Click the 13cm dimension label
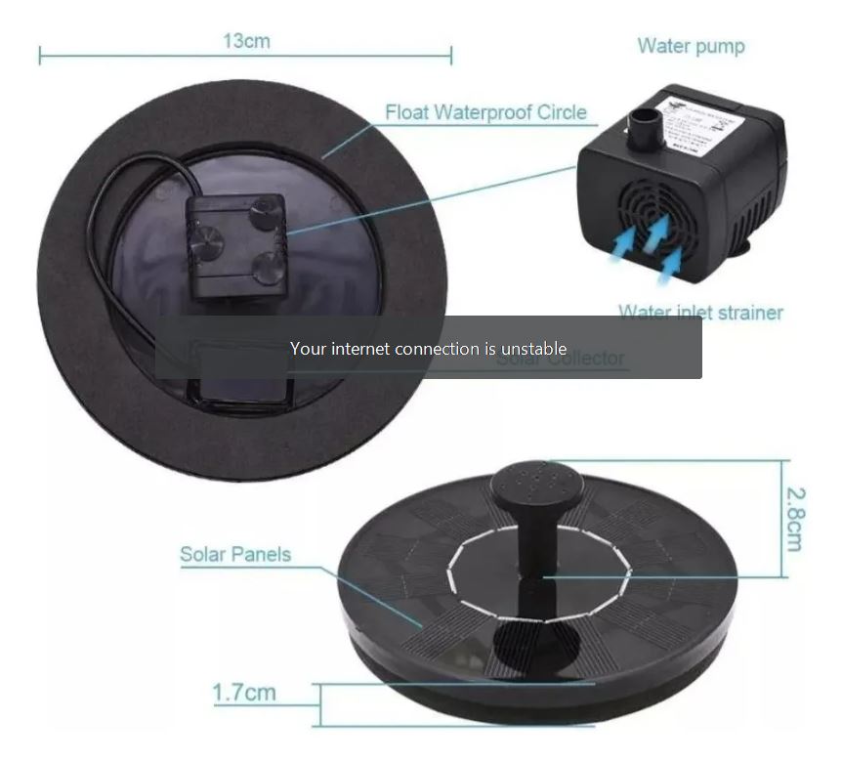pyautogui.click(x=246, y=41)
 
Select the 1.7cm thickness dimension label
pyautogui.click(x=244, y=693)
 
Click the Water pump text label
pyautogui.click(x=691, y=46)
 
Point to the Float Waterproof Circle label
pyautogui.click(x=485, y=111)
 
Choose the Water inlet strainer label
pyautogui.click(x=700, y=313)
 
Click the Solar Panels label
pyautogui.click(x=235, y=554)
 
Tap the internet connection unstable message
pyautogui.click(x=428, y=348)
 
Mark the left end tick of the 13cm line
pyautogui.click(x=40, y=56)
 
